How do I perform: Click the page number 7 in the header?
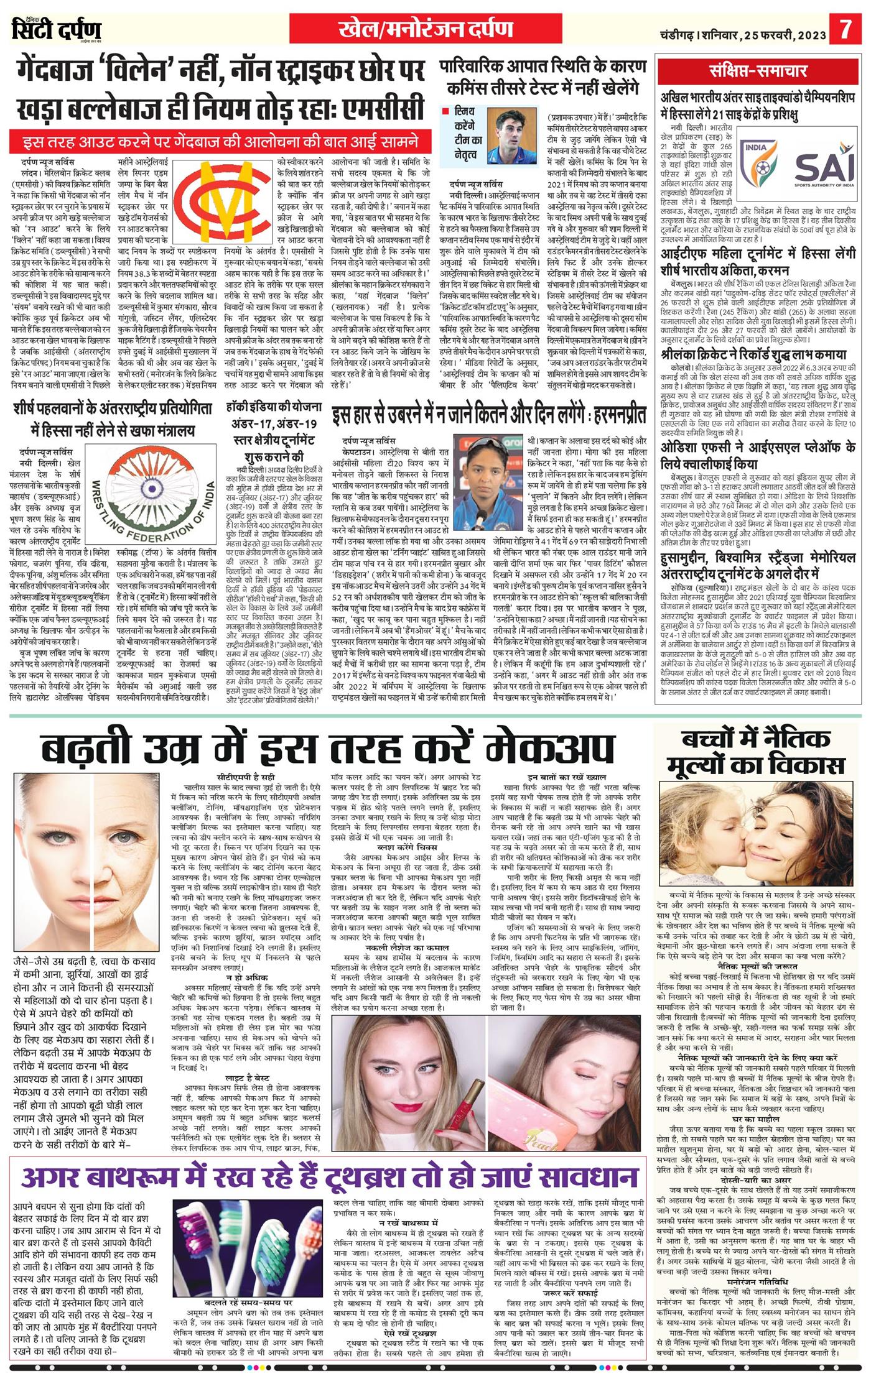pyautogui.click(x=845, y=29)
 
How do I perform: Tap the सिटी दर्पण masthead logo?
pyautogui.click(x=57, y=29)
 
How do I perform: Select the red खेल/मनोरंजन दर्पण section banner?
pyautogui.click(x=426, y=29)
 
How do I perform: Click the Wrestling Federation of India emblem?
pyautogui.click(x=151, y=494)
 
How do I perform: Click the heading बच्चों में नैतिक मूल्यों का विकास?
pyautogui.click(x=756, y=751)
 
